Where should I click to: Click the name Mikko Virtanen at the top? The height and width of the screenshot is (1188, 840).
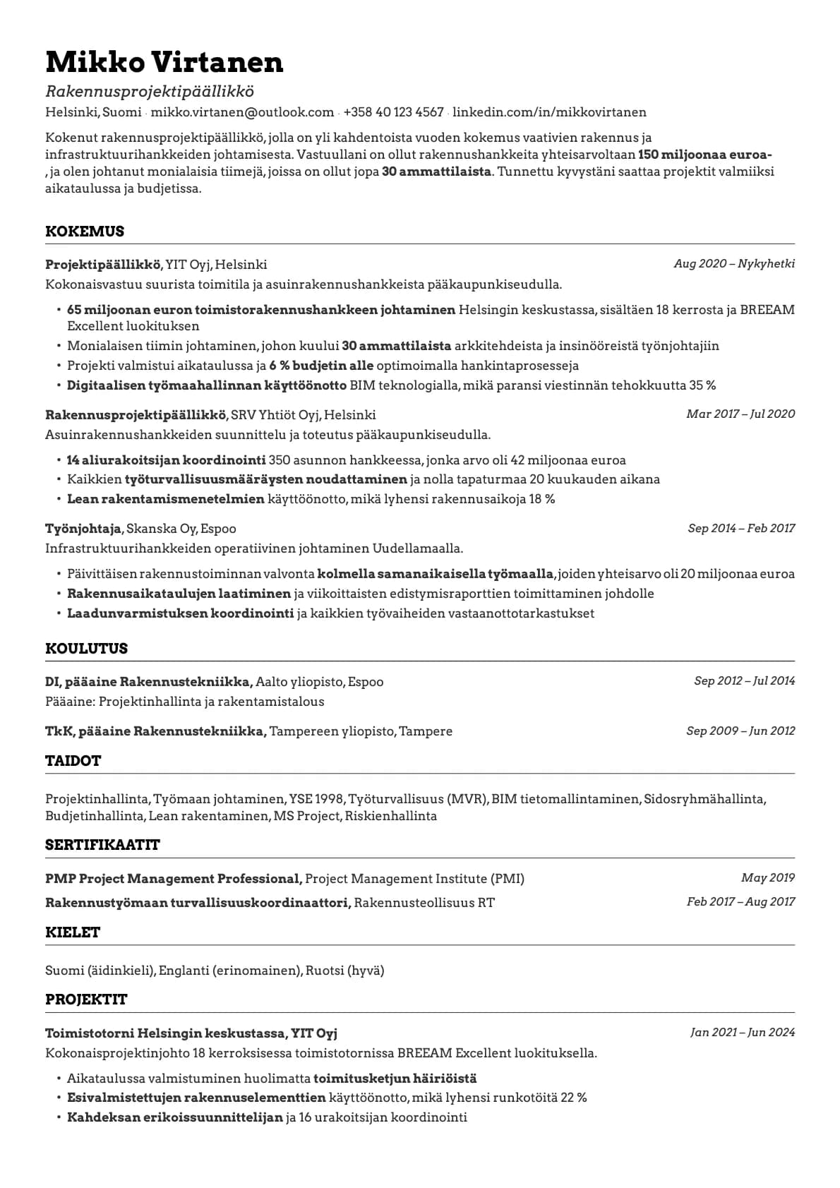pos(164,62)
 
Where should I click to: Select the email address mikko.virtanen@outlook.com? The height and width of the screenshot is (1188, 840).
pos(242,112)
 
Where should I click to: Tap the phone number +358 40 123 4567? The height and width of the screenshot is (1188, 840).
pos(393,112)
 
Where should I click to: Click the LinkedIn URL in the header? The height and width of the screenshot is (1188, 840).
pos(549,112)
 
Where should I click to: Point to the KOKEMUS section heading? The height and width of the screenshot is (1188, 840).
pos(85,232)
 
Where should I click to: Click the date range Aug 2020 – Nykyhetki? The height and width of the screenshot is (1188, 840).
pos(734,264)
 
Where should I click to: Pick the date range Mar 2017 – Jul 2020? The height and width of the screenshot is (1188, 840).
pos(740,414)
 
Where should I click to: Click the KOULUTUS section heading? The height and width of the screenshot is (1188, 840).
pos(86,649)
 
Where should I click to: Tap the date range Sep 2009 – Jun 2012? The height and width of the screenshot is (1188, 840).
pos(740,731)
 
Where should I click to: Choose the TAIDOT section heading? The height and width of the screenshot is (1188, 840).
pos(73,761)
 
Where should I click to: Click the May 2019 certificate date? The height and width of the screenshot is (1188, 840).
pos(767,878)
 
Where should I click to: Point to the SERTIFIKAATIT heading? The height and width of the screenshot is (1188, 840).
pos(102,845)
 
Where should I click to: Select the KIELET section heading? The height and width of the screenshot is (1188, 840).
pos(73,932)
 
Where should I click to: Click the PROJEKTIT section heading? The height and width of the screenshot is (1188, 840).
pos(86,1000)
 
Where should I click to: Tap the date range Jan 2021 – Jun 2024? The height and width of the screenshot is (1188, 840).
pos(743,1033)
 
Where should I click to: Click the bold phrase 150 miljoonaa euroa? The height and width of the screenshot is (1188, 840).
pos(704,155)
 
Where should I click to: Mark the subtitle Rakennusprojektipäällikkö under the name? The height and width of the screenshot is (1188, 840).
pos(150,92)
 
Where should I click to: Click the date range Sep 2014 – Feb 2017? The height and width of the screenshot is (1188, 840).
pos(741,529)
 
